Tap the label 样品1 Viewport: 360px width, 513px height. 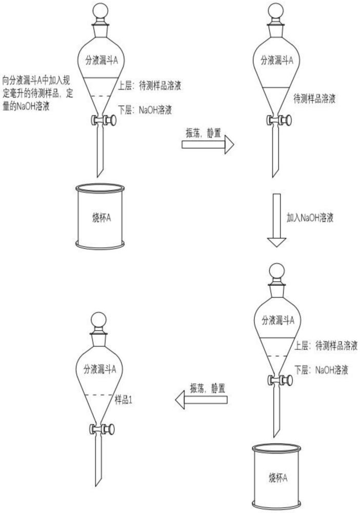point(124,399)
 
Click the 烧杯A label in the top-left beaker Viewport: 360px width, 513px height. point(101,217)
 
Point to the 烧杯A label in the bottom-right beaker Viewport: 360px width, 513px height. point(277,478)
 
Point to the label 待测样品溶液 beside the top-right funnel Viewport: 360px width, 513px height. point(314,98)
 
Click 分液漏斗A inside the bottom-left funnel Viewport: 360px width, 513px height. point(99,369)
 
